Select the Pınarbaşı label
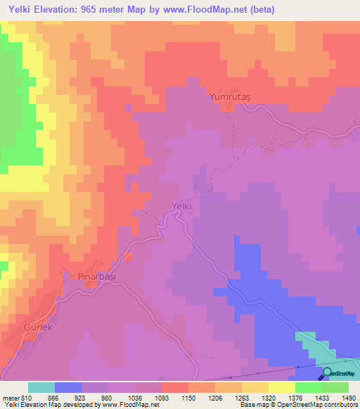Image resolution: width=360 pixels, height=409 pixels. (96, 277)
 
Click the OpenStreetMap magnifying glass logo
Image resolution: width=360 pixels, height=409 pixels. (328, 373)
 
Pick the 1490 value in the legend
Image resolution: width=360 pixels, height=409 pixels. (348, 396)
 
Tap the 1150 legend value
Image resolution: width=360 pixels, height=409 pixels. (188, 396)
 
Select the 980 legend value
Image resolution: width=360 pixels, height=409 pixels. (108, 396)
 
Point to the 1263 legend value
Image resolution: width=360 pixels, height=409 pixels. (241, 396)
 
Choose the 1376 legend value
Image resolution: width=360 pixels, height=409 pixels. (295, 396)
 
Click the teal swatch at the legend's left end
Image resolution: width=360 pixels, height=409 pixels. (41, 387)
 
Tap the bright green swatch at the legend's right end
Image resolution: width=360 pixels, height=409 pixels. (335, 387)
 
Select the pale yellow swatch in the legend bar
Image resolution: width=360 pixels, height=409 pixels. (281, 387)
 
